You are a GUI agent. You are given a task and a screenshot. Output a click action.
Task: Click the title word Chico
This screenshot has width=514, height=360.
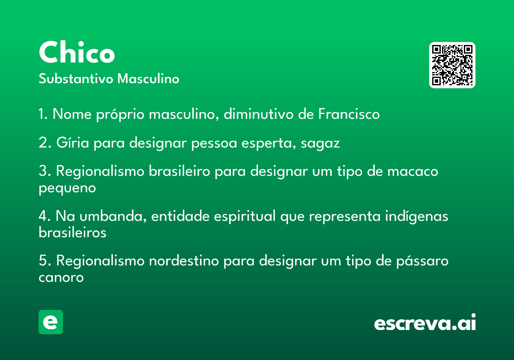(x=77, y=52)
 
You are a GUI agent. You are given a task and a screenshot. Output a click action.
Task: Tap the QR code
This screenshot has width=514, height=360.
(x=452, y=65)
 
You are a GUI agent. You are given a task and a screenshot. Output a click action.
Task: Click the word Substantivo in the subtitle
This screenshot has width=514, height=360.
(x=76, y=78)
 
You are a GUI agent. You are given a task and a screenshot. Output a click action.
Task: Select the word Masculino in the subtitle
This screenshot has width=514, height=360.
(x=148, y=78)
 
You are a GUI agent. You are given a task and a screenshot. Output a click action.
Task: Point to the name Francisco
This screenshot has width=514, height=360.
(x=349, y=114)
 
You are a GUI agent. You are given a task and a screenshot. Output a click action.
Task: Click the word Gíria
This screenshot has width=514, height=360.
(x=72, y=142)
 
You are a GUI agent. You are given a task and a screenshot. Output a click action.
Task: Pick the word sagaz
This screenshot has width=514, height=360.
(x=320, y=144)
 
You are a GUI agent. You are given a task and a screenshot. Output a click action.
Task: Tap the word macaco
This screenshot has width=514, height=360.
(x=412, y=171)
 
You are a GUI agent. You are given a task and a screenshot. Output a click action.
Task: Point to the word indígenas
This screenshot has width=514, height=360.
(x=416, y=216)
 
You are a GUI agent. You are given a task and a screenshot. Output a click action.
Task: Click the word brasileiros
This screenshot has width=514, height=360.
(x=72, y=232)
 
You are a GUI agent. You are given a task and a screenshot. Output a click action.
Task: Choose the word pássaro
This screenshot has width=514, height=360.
(x=422, y=261)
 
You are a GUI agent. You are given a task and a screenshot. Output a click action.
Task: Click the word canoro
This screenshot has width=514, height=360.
(x=61, y=278)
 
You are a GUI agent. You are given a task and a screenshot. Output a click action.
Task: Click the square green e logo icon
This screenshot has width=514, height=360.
(x=51, y=322)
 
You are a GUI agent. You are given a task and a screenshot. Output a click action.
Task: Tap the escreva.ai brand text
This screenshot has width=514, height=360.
(x=425, y=322)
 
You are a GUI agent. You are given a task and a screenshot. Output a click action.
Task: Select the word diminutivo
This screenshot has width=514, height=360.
(x=258, y=114)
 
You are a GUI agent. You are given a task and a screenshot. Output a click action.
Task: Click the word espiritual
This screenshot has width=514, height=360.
(x=245, y=216)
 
